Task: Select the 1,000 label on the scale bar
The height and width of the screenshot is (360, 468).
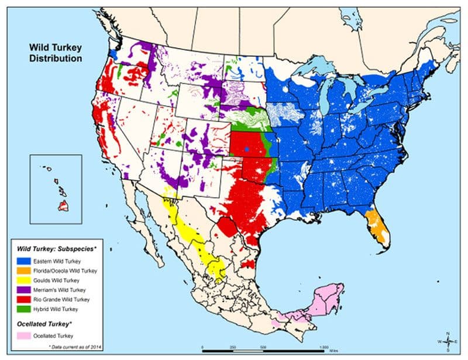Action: tap(324, 345)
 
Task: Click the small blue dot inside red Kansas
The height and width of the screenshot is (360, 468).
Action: tap(247, 150)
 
